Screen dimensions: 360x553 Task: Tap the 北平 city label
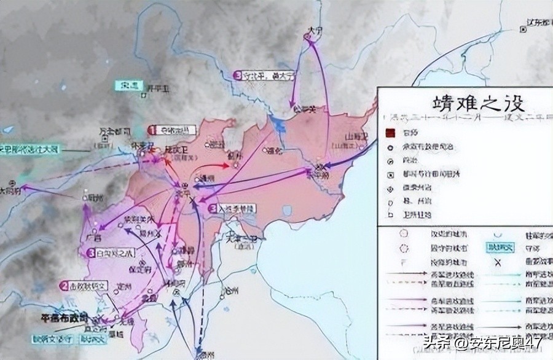183,193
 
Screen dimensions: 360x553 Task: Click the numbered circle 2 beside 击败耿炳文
65,286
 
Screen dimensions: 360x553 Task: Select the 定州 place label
129,286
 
